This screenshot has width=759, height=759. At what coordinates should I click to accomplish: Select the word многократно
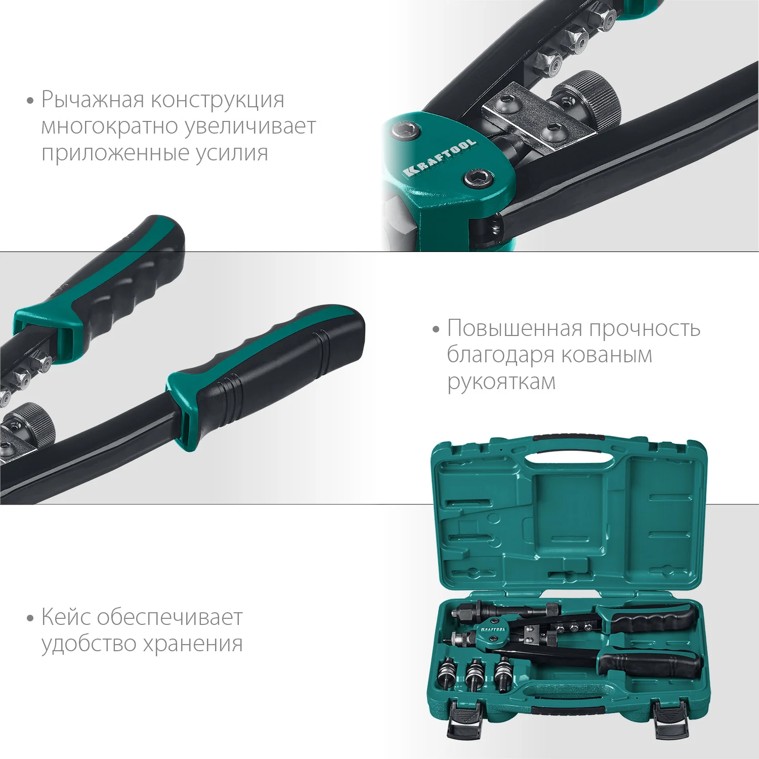tap(110, 126)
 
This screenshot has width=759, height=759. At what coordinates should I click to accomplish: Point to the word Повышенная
tap(515, 329)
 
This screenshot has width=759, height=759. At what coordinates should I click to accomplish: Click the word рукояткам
tap(501, 382)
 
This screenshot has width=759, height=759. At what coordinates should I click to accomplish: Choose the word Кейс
tap(66, 617)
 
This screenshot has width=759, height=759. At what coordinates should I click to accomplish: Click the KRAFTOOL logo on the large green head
tap(440, 157)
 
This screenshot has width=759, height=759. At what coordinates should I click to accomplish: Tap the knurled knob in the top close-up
tap(592, 96)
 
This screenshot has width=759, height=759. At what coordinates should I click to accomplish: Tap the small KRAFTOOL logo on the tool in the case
tap(492, 629)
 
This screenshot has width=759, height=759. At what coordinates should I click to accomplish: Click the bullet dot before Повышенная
tap(436, 330)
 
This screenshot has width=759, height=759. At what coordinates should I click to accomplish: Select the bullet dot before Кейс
tap(30, 618)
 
